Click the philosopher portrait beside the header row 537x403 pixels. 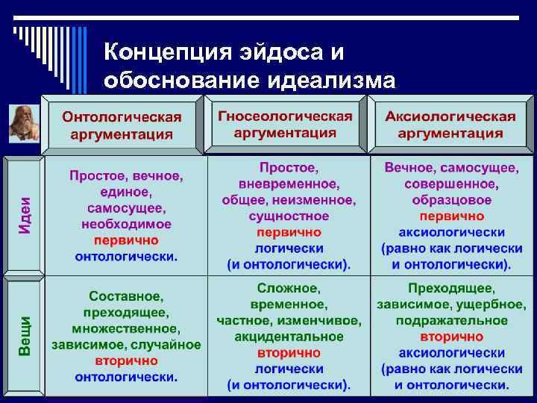tap(22, 123)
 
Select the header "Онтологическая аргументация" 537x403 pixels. tap(122, 126)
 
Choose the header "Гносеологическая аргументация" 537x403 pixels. tap(285, 125)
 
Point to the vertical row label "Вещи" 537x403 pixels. tap(25, 335)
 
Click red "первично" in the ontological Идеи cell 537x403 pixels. tap(126, 240)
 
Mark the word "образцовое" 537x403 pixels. tap(451, 200)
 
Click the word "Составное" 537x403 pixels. tap(126, 296)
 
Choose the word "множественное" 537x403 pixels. tap(126, 328)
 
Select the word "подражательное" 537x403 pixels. tap(451, 320)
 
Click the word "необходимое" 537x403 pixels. tap(126, 224)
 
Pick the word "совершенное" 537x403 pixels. tap(451, 184)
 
